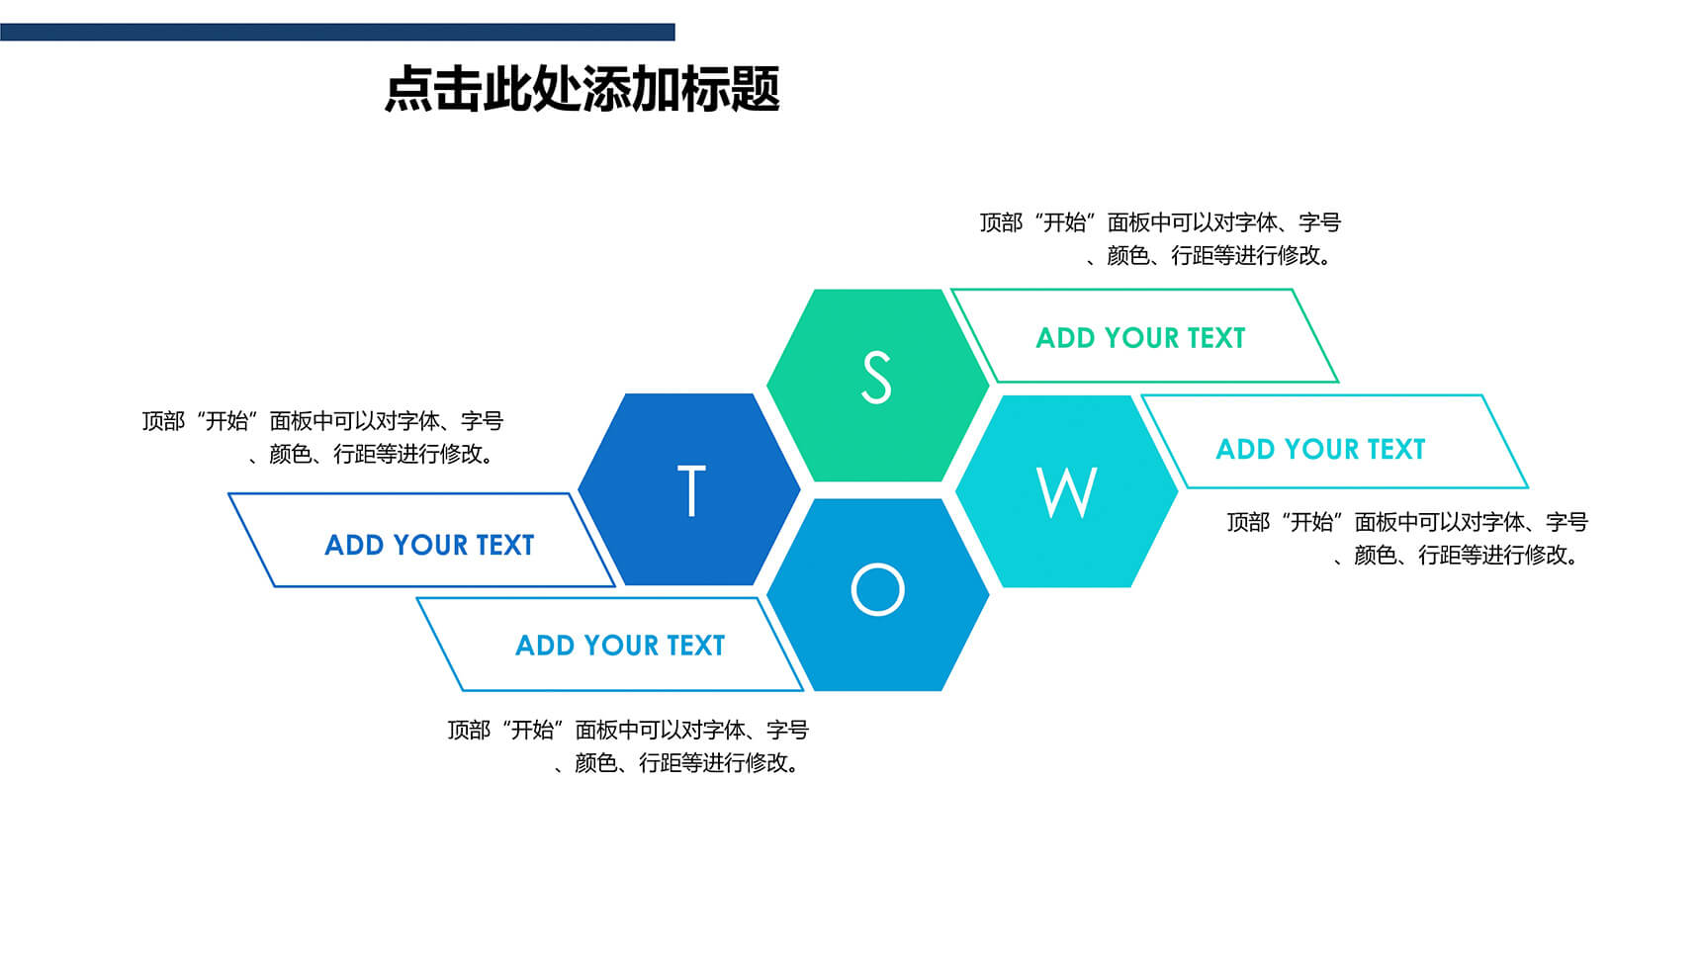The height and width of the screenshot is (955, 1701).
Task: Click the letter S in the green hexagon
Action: tap(876, 378)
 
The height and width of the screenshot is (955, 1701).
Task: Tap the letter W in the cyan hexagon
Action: tap(1066, 491)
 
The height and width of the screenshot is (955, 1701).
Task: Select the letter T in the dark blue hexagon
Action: tap(690, 490)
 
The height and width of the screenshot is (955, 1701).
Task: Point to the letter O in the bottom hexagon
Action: tap(877, 589)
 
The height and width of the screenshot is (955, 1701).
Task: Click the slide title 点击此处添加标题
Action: tap(582, 89)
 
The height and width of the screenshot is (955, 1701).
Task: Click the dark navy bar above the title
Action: tap(337, 33)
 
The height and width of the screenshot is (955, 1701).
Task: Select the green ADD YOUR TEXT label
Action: tap(1140, 338)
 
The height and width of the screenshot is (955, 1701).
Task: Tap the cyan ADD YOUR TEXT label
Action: tap(1320, 450)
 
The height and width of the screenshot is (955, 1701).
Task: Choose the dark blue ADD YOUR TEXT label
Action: tap(429, 546)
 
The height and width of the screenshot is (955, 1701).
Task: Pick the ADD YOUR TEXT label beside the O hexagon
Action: tap(620, 646)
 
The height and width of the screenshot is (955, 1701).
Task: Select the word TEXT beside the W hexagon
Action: tap(1396, 450)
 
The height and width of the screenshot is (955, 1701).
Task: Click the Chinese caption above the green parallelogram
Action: tap(1160, 239)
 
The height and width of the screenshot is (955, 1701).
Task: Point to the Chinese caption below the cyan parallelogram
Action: tap(1407, 539)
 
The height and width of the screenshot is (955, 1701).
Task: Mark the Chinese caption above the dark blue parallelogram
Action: tap(322, 438)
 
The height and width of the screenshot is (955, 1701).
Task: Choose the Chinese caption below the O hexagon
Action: tap(628, 746)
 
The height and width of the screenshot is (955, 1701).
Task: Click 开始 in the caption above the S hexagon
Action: tap(1064, 222)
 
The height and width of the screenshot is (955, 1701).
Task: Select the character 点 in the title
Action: tap(408, 89)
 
